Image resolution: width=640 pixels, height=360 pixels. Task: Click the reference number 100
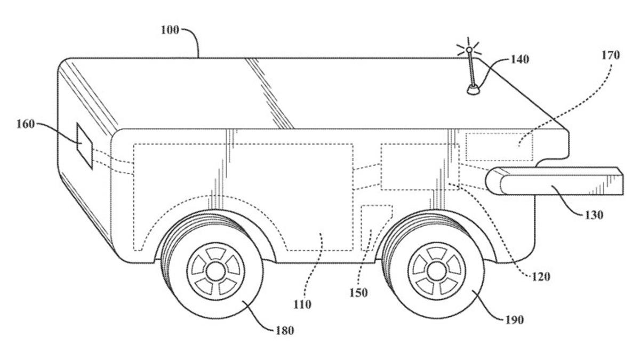point(171,29)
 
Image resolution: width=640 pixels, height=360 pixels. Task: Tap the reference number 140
point(519,59)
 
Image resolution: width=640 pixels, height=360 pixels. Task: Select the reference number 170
point(611,55)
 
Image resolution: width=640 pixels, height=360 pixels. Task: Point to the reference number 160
point(26,124)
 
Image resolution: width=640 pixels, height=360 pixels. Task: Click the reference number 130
point(594,215)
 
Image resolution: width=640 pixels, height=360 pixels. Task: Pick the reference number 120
point(541,277)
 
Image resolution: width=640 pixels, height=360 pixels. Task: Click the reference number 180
point(285,330)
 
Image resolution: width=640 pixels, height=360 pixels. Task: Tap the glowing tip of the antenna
point(469,50)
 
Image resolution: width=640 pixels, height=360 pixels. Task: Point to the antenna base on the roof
point(472,89)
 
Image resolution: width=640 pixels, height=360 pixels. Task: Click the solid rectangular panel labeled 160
point(84,146)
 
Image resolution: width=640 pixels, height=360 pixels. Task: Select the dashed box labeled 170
point(499,146)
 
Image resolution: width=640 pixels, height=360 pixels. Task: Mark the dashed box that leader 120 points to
point(419,166)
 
